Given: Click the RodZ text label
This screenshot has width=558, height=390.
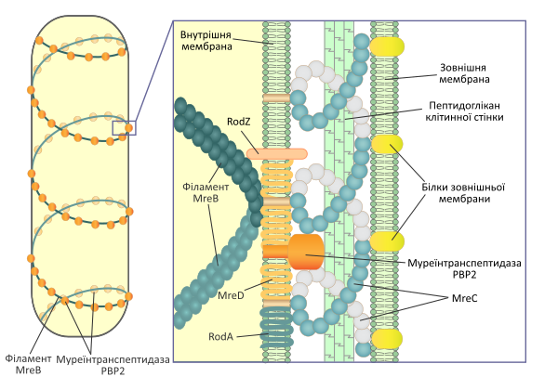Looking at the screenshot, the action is (x=239, y=122).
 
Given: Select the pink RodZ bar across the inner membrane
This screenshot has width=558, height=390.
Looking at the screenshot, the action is (x=276, y=154).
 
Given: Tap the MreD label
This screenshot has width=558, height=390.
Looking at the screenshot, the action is (x=231, y=295).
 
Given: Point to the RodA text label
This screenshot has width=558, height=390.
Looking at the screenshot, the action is (x=220, y=336).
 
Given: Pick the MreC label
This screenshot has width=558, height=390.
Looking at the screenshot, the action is (x=464, y=298).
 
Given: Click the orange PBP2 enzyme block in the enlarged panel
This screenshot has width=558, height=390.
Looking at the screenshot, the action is (x=306, y=252).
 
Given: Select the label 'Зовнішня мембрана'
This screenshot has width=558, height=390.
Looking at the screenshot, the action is (x=464, y=72).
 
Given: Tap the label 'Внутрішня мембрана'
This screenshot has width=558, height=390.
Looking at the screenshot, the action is (x=206, y=41).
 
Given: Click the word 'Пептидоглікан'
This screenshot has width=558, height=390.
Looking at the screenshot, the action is (x=464, y=106).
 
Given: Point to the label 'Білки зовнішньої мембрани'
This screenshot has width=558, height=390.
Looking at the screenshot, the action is (x=464, y=193).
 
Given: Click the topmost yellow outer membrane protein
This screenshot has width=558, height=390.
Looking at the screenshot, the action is (x=387, y=46).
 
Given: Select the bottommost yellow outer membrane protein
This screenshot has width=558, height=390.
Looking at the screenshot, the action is (x=387, y=339).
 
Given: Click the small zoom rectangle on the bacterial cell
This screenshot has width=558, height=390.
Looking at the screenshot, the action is (x=125, y=128).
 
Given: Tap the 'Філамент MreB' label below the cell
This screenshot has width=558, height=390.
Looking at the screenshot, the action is (x=29, y=364).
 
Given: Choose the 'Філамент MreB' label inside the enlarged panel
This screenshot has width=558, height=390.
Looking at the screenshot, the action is (x=206, y=192).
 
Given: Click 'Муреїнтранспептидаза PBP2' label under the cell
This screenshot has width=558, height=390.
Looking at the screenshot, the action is (x=113, y=365).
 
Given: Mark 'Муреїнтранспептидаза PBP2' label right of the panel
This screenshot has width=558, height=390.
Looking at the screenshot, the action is (x=464, y=268).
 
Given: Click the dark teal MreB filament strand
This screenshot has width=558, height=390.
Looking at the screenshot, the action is (x=219, y=162).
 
